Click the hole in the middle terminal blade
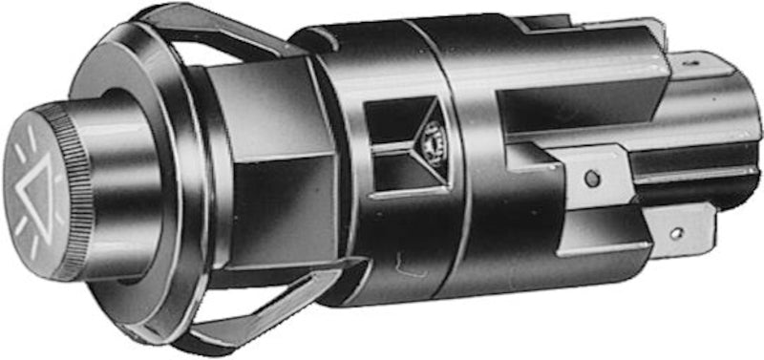(592, 178)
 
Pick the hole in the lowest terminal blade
(675, 232)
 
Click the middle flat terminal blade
(602, 172)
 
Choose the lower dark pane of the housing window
(393, 172)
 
